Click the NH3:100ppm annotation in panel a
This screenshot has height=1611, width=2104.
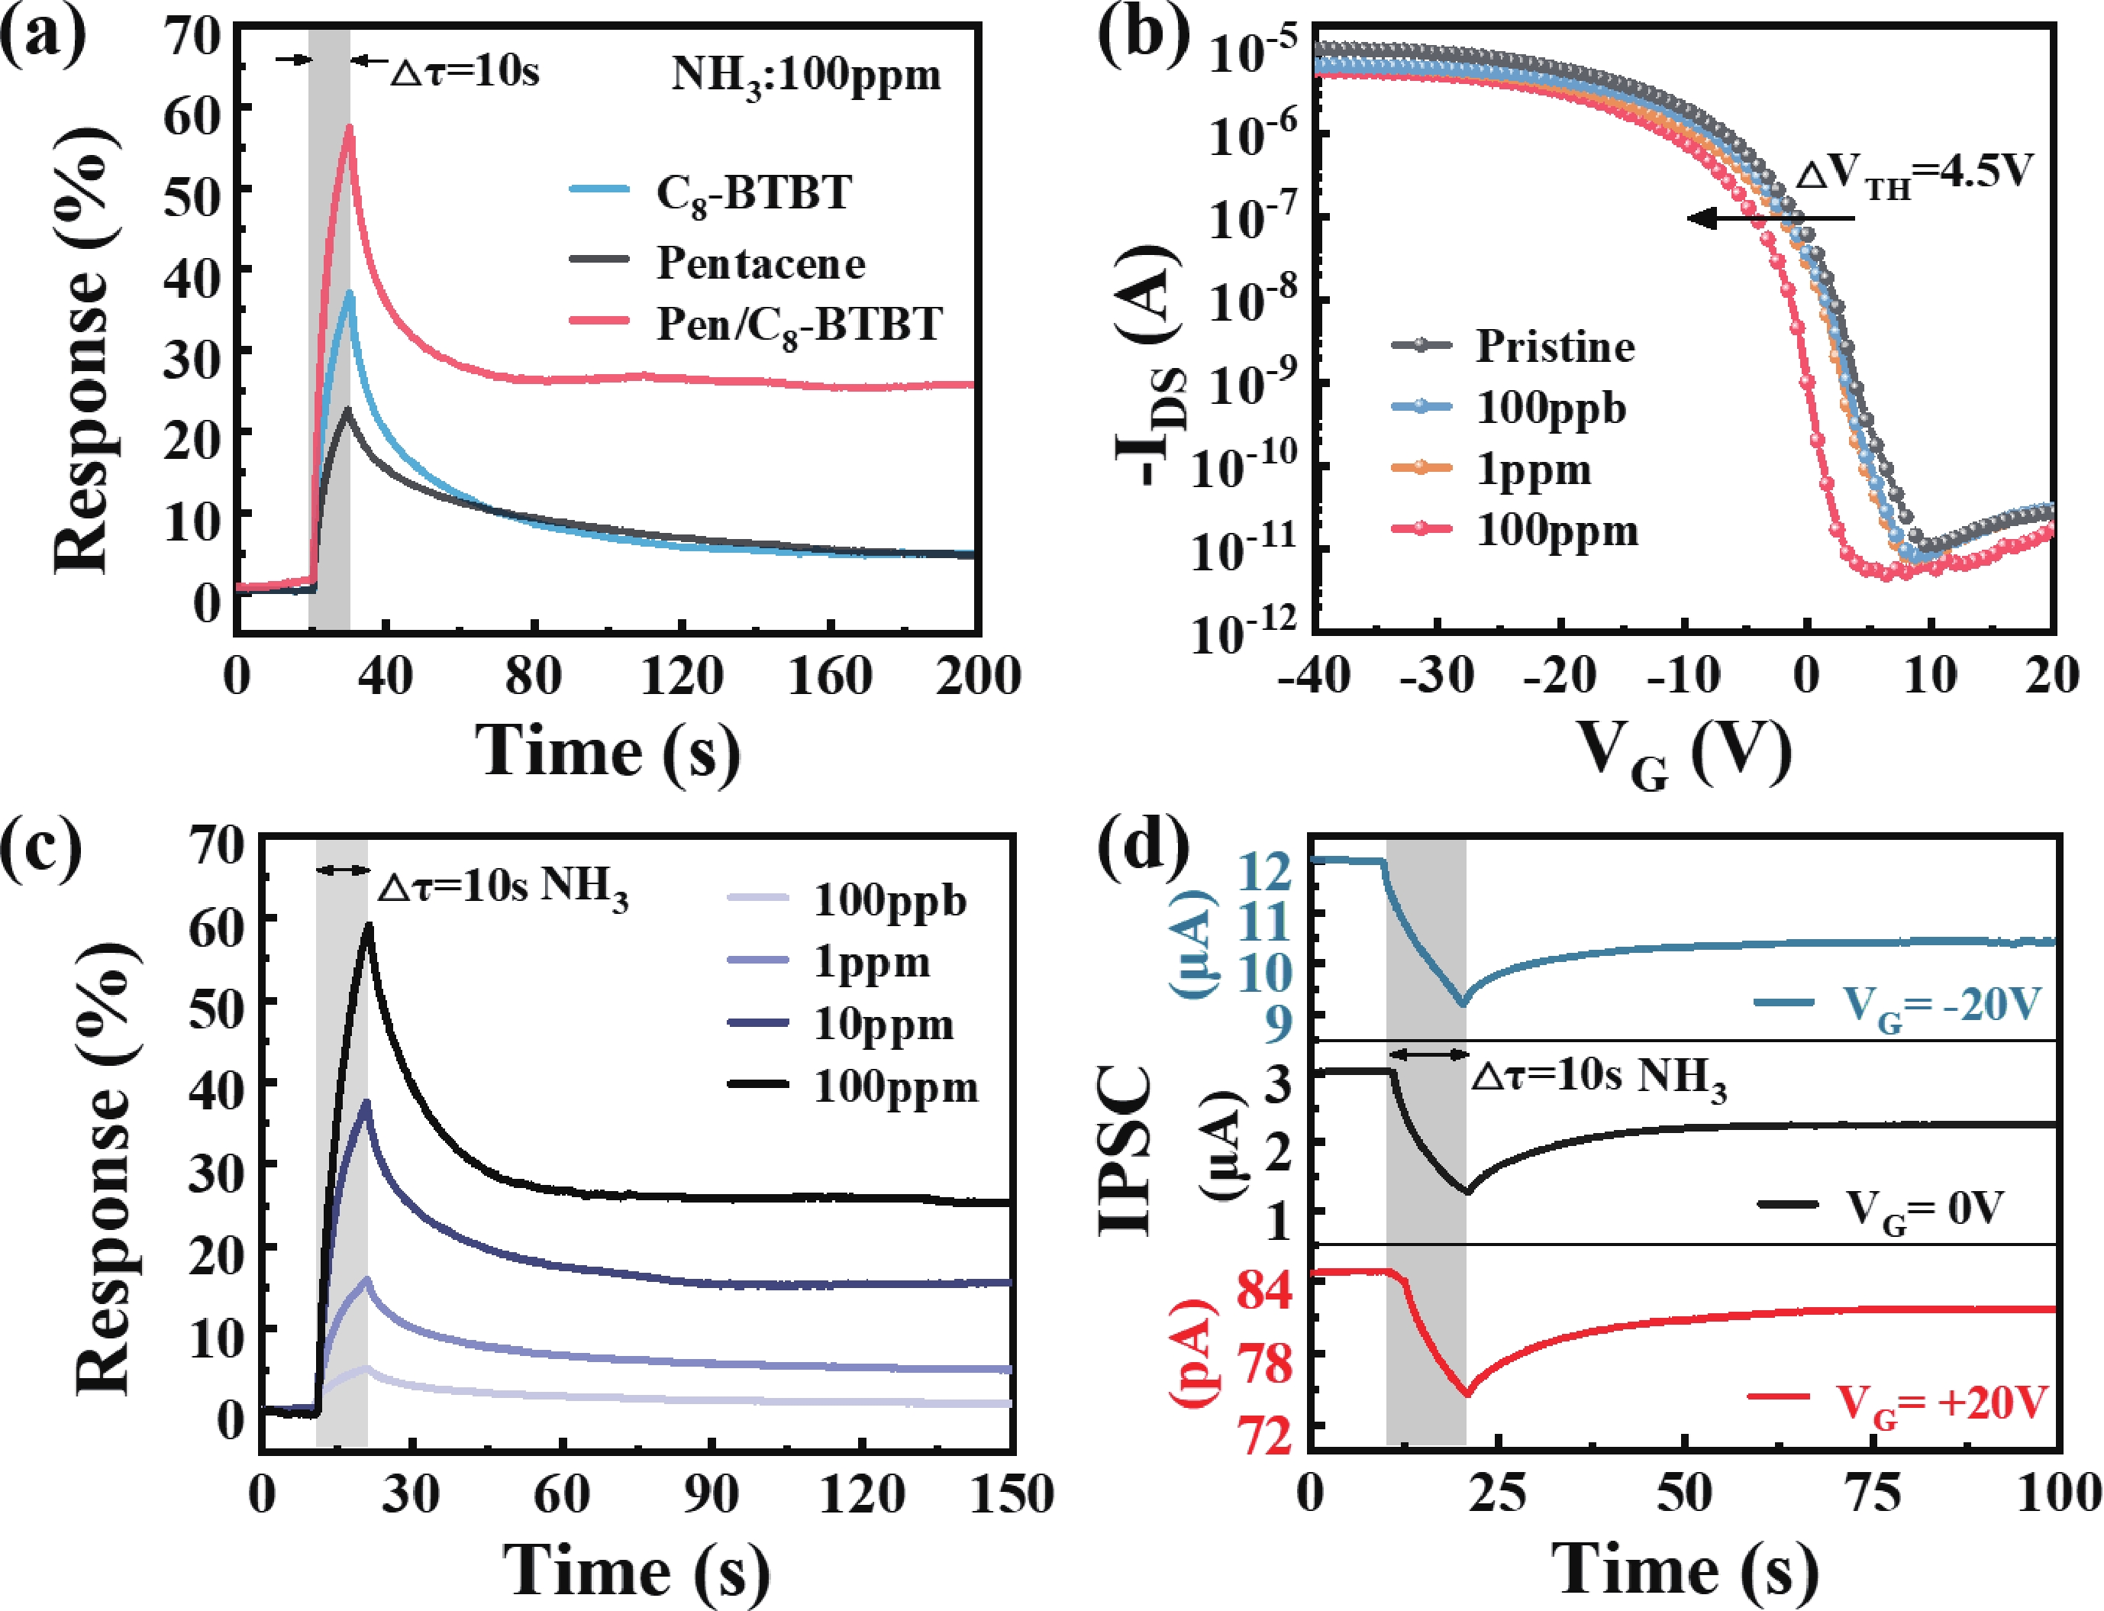(806, 76)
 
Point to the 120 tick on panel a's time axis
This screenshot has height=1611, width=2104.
(682, 675)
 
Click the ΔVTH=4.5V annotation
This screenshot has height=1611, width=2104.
(1913, 176)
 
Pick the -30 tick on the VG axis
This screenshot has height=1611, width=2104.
(1437, 675)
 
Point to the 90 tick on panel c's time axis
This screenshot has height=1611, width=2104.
(712, 1494)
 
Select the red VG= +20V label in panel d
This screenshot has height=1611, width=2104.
(1941, 1402)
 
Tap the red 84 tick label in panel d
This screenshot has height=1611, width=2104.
(1264, 1290)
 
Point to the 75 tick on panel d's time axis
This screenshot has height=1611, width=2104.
(1872, 1494)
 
